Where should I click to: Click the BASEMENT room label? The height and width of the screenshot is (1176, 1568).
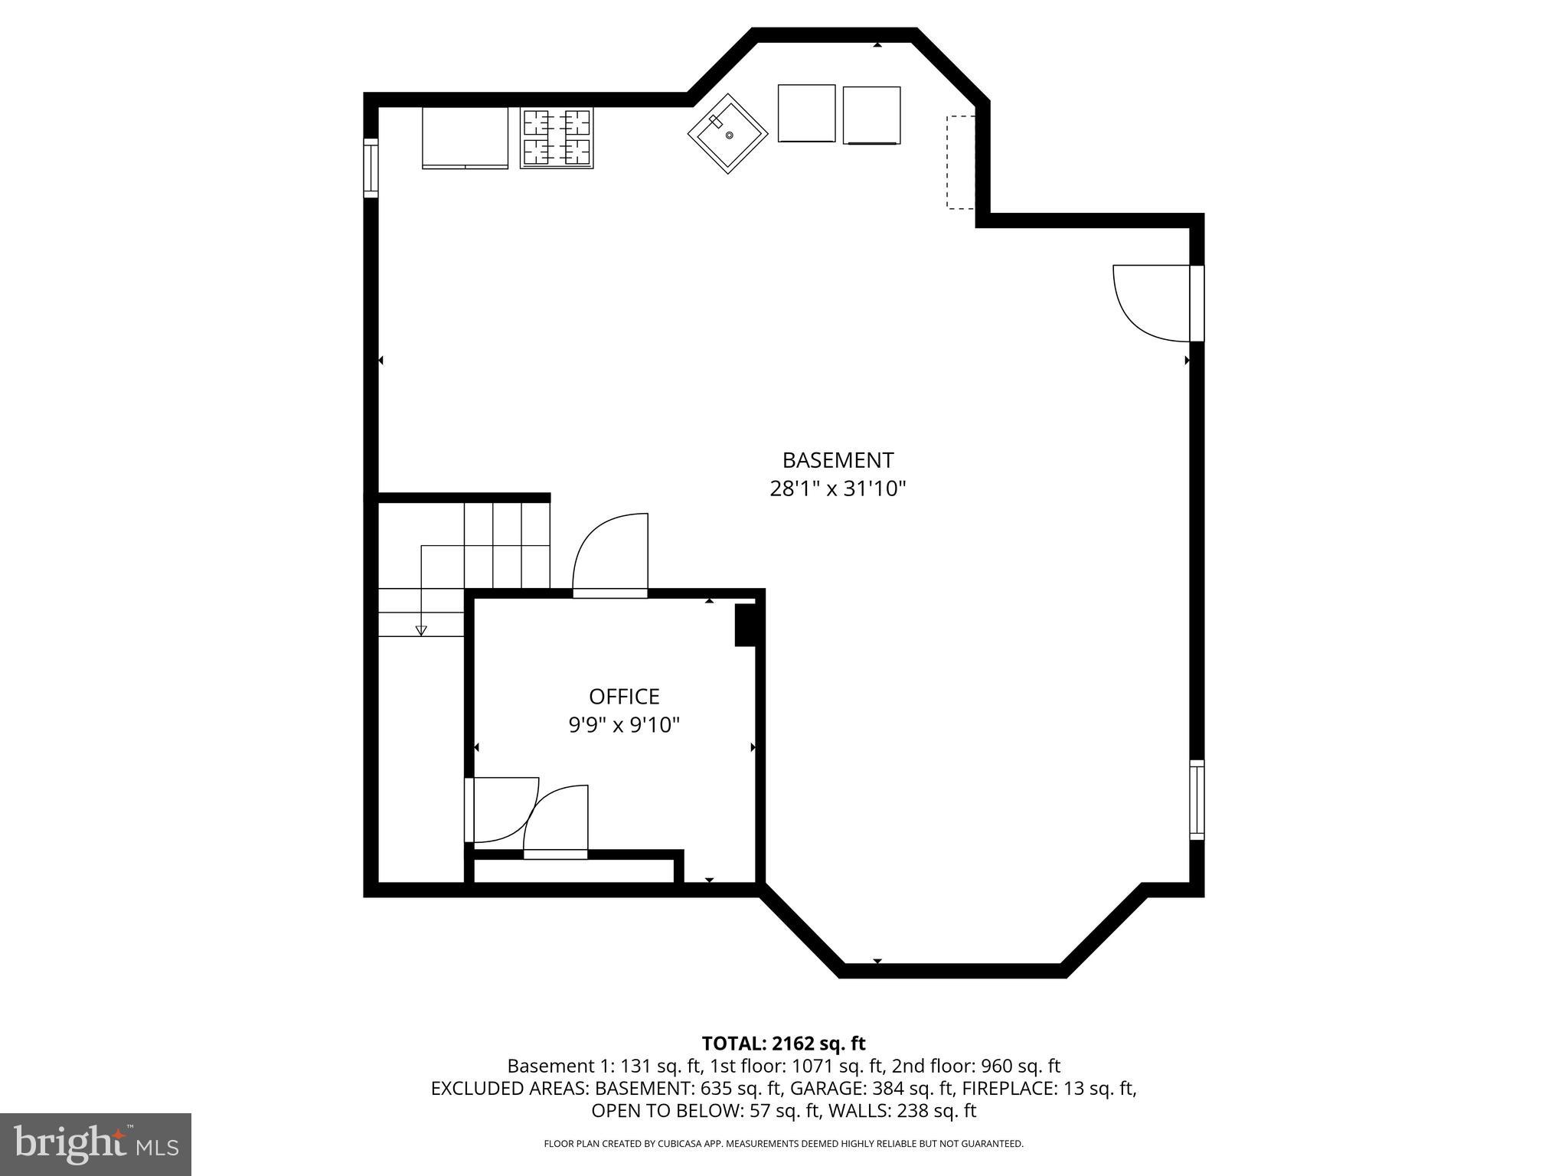tap(838, 460)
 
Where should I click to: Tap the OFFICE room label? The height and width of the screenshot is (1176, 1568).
tap(624, 696)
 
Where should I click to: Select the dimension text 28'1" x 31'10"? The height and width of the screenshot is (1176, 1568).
tap(838, 488)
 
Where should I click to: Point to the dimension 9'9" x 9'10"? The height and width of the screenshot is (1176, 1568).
tap(624, 724)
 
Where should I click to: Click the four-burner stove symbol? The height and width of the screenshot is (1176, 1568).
tap(557, 138)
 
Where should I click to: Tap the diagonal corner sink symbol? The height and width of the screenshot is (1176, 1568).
tap(727, 135)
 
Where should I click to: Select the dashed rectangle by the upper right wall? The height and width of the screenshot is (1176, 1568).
tap(960, 162)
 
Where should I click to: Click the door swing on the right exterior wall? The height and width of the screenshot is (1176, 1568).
tap(1148, 302)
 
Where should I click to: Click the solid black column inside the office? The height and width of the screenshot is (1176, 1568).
tap(744, 625)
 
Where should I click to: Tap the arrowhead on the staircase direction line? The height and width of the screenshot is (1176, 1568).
tap(421, 630)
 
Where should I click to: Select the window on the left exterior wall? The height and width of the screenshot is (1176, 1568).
tap(371, 168)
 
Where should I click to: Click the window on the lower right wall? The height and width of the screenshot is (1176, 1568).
tap(1196, 799)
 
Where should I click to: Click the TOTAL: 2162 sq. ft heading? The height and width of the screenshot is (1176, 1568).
tap(783, 1043)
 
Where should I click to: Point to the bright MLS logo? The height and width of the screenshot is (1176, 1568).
tap(96, 1144)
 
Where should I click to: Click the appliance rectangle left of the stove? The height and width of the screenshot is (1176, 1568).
tap(465, 138)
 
